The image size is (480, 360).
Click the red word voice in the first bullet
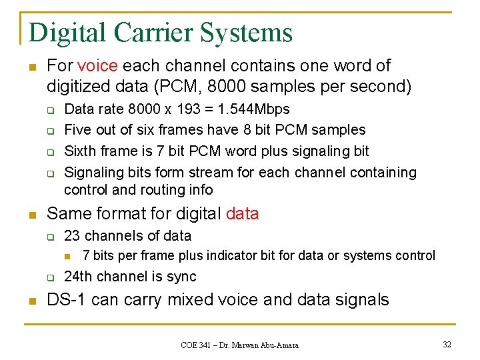[97, 66]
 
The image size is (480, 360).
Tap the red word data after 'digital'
[242, 214]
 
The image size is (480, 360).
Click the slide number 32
[447, 344]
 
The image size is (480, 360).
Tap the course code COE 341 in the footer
[199, 345]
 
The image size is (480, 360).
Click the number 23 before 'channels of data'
[72, 236]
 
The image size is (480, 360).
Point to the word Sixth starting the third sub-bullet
[79, 151]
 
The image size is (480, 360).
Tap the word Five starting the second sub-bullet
[77, 130]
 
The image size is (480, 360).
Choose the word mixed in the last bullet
[190, 300]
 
